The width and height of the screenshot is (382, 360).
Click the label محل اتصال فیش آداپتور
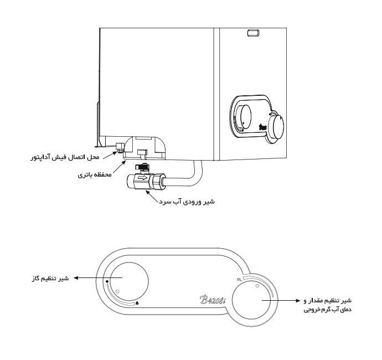click(65, 157)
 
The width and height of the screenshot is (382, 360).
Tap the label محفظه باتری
click(95, 175)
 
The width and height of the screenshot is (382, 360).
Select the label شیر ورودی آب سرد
click(187, 202)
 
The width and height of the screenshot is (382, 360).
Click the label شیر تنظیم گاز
click(50, 279)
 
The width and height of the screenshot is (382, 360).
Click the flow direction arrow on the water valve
click(142, 178)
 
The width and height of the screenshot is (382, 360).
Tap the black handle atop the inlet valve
click(141, 167)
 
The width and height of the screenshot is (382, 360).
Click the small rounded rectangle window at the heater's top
click(254, 33)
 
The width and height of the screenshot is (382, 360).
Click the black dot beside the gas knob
click(107, 281)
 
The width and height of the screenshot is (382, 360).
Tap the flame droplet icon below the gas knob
click(137, 303)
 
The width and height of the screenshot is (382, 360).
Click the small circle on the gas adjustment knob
click(117, 291)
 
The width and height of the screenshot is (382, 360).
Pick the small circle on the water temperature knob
click(257, 286)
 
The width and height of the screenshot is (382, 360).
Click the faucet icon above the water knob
click(239, 280)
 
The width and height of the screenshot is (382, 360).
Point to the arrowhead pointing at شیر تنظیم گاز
click(76, 277)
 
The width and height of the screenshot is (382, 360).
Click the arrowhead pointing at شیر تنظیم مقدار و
click(298, 301)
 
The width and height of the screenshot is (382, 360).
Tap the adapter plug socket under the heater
click(120, 147)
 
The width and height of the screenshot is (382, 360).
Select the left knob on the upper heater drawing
click(242, 117)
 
